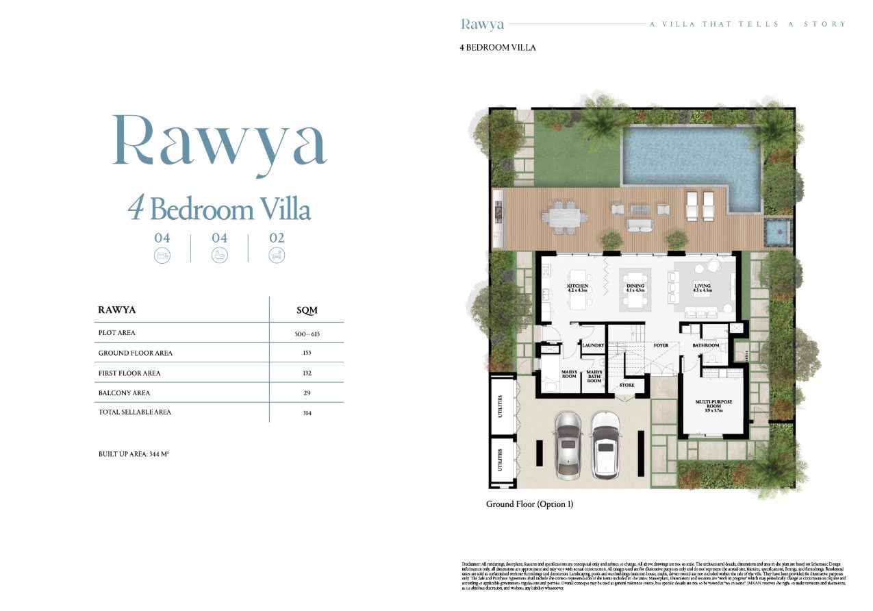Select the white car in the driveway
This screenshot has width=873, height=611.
[x=605, y=445]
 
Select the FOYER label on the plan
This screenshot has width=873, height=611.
[x=661, y=345]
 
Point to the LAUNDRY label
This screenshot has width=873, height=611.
[x=593, y=345]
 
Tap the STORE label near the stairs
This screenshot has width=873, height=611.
[x=627, y=385]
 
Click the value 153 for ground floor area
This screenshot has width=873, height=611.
[x=306, y=353]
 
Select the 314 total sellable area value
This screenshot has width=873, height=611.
[x=306, y=412]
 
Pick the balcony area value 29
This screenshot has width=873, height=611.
[x=306, y=393]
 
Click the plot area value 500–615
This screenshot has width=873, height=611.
[x=306, y=334]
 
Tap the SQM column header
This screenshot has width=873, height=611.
[x=307, y=310]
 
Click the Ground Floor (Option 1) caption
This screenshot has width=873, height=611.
[x=529, y=504]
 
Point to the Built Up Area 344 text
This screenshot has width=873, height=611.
[x=134, y=454]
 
